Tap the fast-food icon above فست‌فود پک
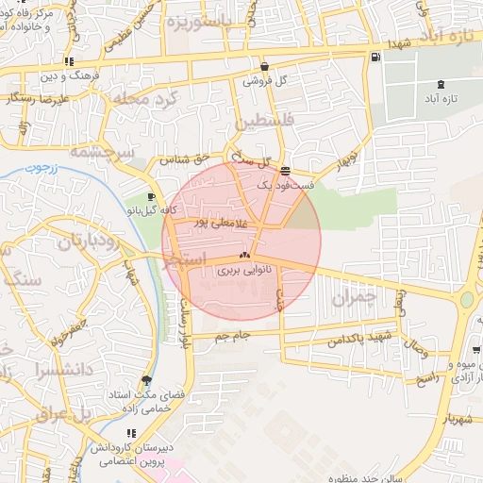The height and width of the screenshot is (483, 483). coord(285,171)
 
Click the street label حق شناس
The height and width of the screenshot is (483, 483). coord(181,159)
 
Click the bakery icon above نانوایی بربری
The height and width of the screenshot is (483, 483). coord(244,256)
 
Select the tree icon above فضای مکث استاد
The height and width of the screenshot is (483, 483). coord(144,380)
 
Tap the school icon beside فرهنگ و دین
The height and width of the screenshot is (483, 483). coord(68,60)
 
